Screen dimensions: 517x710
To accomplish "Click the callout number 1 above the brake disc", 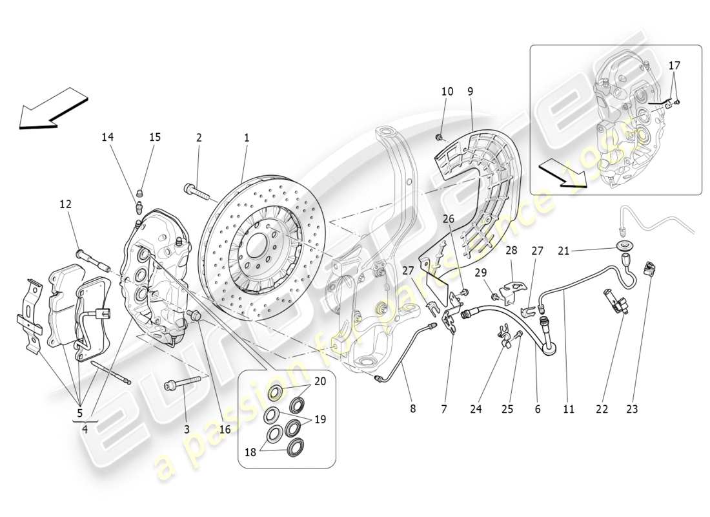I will point(246,138).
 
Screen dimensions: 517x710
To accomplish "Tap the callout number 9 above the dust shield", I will point(471,92).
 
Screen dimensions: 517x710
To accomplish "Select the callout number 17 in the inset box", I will point(674,65).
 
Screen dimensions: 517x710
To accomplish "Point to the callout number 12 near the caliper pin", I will point(65,204).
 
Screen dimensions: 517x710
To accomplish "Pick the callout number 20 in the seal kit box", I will point(320,381).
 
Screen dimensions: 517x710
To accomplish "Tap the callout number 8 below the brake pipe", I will point(413,408).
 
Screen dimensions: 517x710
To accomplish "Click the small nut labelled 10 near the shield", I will point(438,137).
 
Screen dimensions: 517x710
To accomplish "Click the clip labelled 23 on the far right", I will point(649,268).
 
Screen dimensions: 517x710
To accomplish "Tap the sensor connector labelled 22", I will point(614,302).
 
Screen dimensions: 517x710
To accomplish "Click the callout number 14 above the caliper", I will point(107,137).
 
